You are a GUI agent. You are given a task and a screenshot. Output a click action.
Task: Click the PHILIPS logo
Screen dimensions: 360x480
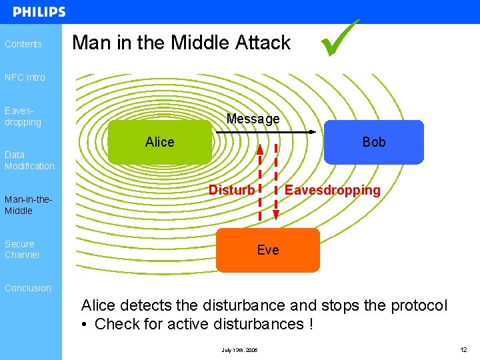pos(39,12)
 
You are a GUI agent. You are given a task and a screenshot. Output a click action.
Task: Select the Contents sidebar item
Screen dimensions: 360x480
pos(23,44)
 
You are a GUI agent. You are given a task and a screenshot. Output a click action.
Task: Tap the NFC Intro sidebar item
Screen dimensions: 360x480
pos(25,77)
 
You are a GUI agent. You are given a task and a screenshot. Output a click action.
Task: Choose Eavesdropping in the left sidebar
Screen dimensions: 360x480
pos(23,117)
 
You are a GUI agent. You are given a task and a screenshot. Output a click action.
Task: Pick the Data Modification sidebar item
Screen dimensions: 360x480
pos(29,160)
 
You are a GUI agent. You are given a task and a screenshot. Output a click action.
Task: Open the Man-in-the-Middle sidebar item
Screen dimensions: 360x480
pos(28,205)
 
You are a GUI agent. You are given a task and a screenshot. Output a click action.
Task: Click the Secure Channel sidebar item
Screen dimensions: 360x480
pos(22,249)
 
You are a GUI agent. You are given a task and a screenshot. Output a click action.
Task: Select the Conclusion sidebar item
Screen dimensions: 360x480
pos(28,288)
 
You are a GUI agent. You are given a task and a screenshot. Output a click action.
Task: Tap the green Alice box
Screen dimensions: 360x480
pos(159,142)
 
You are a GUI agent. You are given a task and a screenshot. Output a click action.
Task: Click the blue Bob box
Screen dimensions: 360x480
pos(373,142)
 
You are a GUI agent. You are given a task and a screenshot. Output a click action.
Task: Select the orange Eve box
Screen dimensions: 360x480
pos(268,250)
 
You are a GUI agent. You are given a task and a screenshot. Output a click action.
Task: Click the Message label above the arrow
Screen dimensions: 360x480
pos(253,119)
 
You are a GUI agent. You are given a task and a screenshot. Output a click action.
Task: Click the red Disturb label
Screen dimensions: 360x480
pos(231,190)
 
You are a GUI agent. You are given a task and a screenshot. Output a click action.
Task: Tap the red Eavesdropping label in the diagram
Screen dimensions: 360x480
pos(332,190)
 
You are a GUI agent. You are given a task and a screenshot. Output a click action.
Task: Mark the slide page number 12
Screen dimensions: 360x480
pos(463,350)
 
